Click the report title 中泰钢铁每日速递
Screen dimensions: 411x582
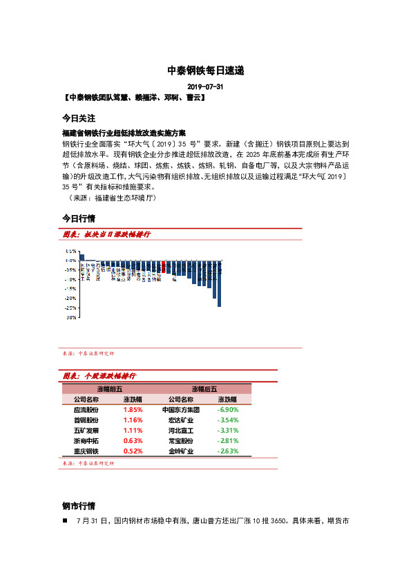[205, 71]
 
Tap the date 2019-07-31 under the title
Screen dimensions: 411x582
[205, 88]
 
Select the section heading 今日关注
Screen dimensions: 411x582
[78, 118]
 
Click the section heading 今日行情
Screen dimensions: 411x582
[78, 218]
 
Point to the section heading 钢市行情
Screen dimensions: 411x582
[78, 505]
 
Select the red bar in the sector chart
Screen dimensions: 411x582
[162, 267]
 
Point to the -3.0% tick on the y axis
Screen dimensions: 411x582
[70, 318]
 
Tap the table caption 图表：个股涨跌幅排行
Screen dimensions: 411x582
[99, 376]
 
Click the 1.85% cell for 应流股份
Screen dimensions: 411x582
[133, 410]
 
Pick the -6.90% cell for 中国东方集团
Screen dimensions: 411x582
[228, 410]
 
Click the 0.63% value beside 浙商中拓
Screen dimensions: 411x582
[133, 441]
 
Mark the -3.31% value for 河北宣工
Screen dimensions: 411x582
[228, 431]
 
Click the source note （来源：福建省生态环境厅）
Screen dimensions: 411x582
[113, 198]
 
